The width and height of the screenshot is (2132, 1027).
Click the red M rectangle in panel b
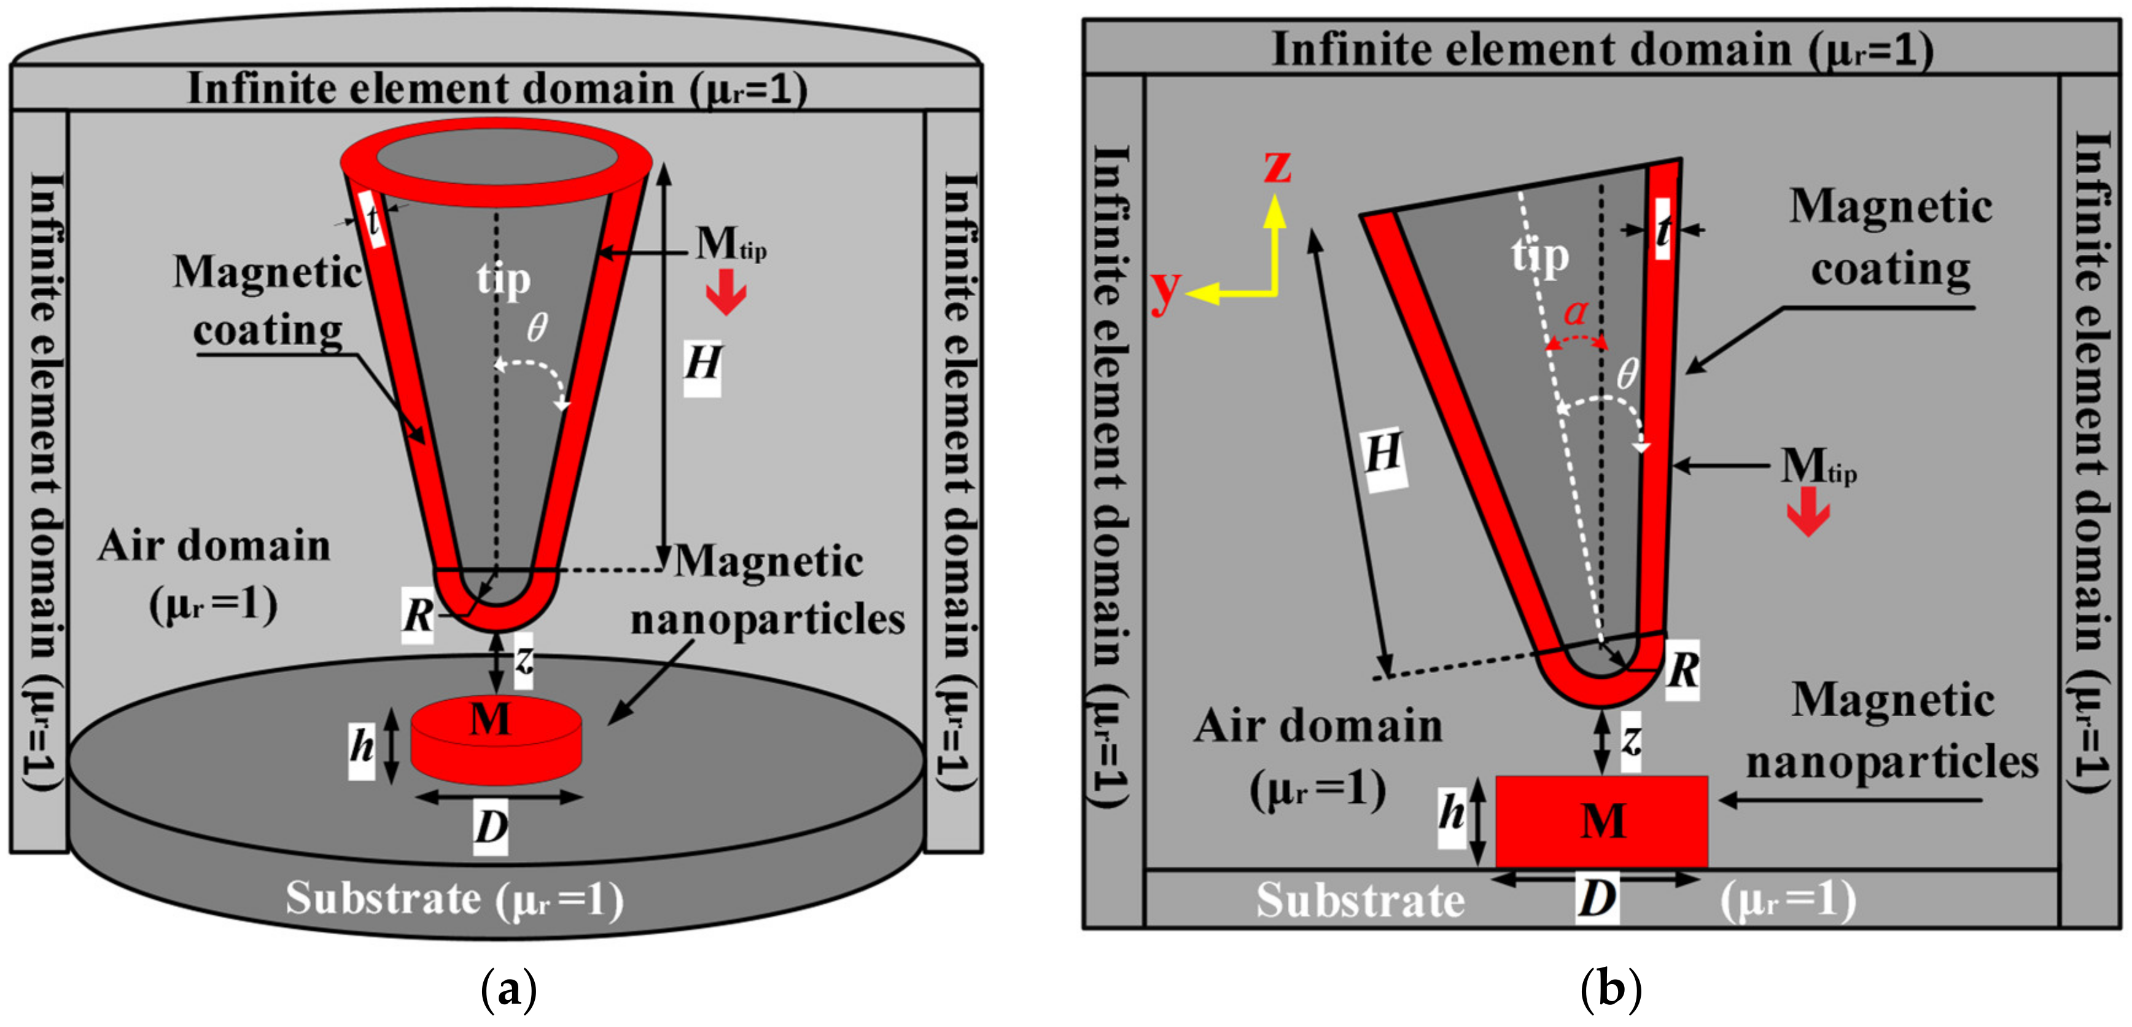[x=1601, y=821]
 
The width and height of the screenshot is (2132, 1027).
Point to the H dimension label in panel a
[x=702, y=364]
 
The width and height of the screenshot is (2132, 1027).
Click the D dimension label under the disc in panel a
[x=490, y=827]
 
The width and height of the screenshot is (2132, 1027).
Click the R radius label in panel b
[x=1683, y=670]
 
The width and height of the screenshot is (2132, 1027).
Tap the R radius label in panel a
[x=418, y=615]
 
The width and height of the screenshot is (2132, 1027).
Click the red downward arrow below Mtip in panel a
[x=726, y=296]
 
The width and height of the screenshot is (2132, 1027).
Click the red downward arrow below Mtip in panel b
[x=1808, y=512]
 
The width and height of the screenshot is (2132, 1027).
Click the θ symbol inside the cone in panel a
[x=537, y=328]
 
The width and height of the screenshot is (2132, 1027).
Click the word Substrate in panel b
[x=1360, y=900]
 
